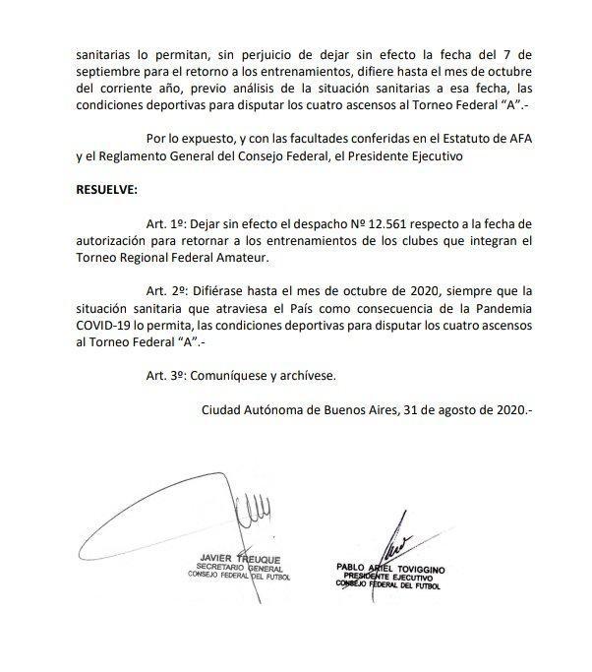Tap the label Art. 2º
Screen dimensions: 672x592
(164, 292)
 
